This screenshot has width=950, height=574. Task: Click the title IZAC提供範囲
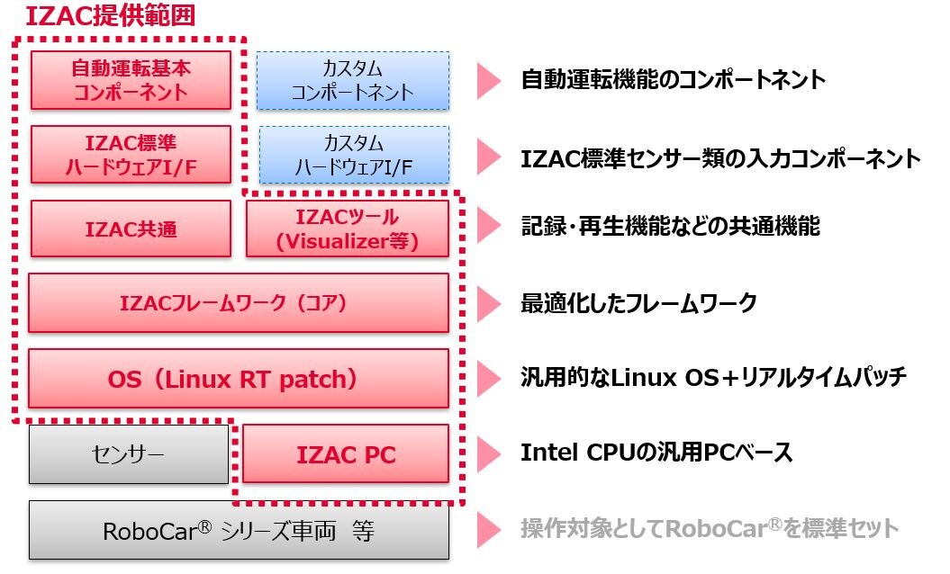(109, 16)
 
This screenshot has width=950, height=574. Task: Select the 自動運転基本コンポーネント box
(131, 79)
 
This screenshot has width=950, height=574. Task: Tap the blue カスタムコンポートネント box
(353, 79)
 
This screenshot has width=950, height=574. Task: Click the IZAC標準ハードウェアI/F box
(131, 154)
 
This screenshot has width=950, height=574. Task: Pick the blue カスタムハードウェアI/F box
(354, 154)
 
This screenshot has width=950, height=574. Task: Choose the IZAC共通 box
(131, 229)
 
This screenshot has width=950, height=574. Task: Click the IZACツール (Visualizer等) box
(347, 229)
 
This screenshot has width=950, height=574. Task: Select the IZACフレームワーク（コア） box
(238, 303)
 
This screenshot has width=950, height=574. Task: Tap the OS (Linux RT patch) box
(238, 379)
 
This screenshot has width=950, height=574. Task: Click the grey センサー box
(129, 453)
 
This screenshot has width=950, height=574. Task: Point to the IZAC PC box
(346, 454)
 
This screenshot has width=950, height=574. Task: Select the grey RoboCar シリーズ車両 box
(238, 530)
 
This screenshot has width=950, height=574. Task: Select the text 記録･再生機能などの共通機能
(670, 228)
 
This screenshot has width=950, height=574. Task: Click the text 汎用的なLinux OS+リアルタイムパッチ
(713, 377)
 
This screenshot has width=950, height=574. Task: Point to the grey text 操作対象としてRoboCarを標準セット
(710, 528)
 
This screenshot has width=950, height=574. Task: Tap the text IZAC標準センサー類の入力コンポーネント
(720, 159)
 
